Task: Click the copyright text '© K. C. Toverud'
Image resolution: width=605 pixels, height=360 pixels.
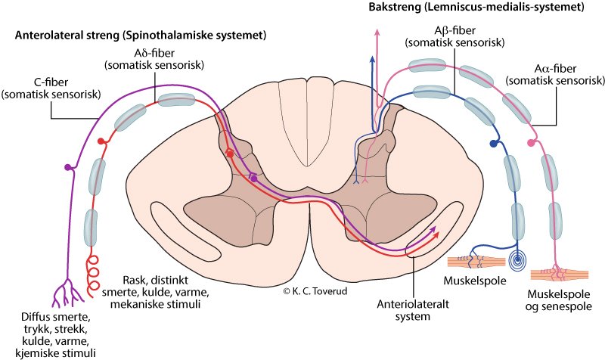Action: click(x=315, y=290)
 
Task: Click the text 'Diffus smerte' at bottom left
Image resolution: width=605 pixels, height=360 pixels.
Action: click(x=57, y=316)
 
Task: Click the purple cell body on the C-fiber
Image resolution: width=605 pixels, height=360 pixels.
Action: click(x=69, y=166)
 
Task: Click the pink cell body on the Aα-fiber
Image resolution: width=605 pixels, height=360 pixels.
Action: click(x=530, y=143)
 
